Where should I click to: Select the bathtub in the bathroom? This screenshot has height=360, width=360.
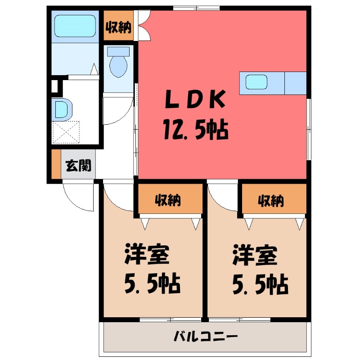(74, 26)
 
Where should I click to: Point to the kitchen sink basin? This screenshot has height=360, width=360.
(256, 83)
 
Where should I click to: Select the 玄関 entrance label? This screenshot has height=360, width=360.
(79, 166)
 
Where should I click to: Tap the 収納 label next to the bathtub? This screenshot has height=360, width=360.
(118, 27)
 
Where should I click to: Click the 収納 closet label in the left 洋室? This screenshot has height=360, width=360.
(168, 201)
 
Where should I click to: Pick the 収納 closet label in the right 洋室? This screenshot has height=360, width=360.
(271, 201)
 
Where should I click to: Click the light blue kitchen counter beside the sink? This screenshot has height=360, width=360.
(296, 83)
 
